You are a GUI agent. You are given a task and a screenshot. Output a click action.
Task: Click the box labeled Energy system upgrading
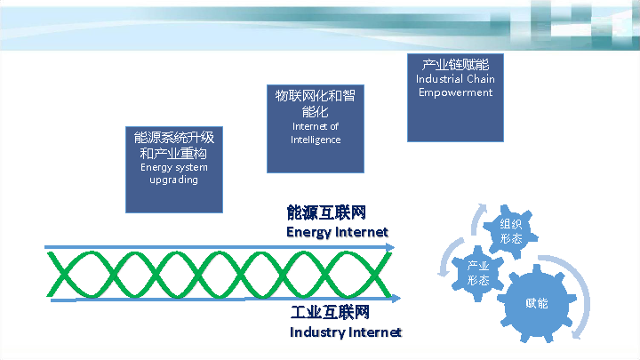click(x=173, y=169)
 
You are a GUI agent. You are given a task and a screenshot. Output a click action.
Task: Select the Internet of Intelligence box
click(x=316, y=129)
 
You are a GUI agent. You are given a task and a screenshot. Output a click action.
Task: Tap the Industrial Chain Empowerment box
click(x=455, y=98)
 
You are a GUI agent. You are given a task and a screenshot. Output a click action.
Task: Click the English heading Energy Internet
click(x=337, y=232)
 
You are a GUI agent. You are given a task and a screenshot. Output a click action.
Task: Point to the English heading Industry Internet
click(x=346, y=332)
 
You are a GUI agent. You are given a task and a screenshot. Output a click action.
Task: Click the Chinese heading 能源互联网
click(x=326, y=213)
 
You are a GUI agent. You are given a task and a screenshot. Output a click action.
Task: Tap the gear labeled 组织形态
click(x=510, y=231)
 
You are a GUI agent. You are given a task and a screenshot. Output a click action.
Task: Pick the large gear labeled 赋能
click(x=537, y=303)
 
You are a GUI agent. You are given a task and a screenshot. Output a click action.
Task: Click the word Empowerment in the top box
click(x=455, y=92)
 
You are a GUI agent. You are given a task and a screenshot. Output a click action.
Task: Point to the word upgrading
click(x=173, y=180)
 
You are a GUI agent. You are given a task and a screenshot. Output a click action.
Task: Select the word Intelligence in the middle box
click(x=316, y=140)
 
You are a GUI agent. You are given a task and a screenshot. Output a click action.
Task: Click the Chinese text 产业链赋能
click(x=455, y=65)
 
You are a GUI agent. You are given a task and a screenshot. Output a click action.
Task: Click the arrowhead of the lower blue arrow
click(x=396, y=299)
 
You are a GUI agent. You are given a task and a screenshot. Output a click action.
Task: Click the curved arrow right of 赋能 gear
click(x=582, y=298)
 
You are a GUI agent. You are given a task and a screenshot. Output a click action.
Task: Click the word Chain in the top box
click(x=480, y=79)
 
